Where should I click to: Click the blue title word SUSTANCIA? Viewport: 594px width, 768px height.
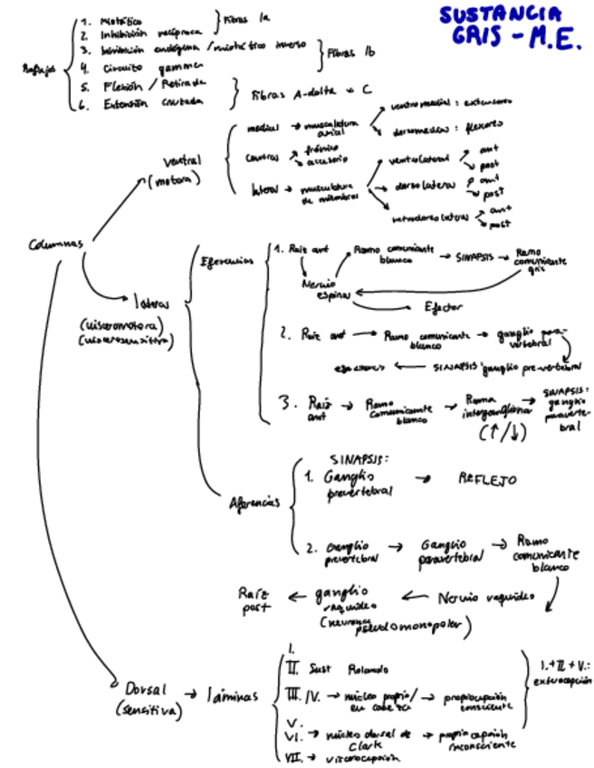tap(500, 15)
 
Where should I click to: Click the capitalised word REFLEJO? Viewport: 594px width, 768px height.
tap(489, 477)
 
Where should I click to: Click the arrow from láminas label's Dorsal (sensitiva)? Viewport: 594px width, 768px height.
tap(192, 695)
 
